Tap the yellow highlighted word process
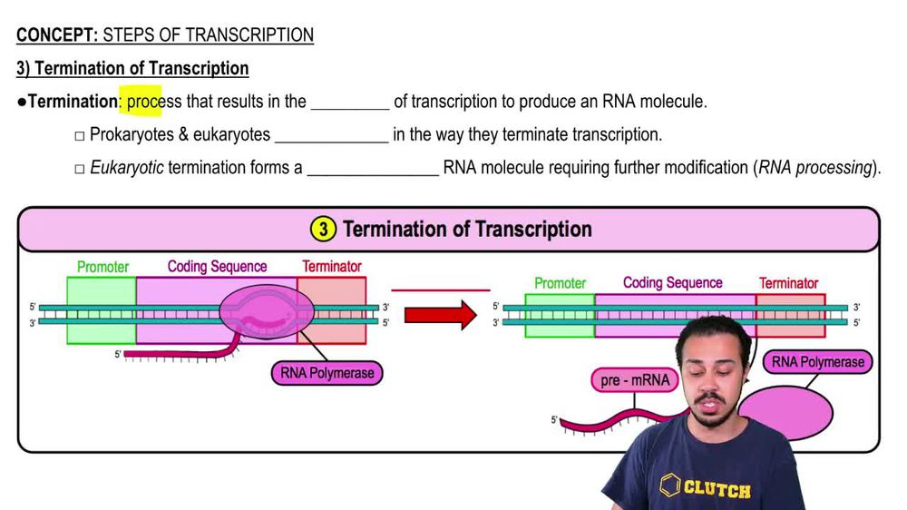(x=144, y=101)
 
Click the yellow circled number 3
(x=322, y=229)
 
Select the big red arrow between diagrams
(x=440, y=315)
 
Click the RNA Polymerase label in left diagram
(x=327, y=373)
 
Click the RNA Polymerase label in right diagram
(x=818, y=362)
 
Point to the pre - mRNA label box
(x=635, y=380)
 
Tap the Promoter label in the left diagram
(x=102, y=267)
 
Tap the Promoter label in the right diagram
(x=560, y=283)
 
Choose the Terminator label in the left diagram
(x=331, y=267)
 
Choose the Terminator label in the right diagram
(x=788, y=283)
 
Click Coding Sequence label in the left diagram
(x=217, y=267)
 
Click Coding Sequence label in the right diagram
(x=673, y=283)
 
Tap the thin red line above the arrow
(x=440, y=290)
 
